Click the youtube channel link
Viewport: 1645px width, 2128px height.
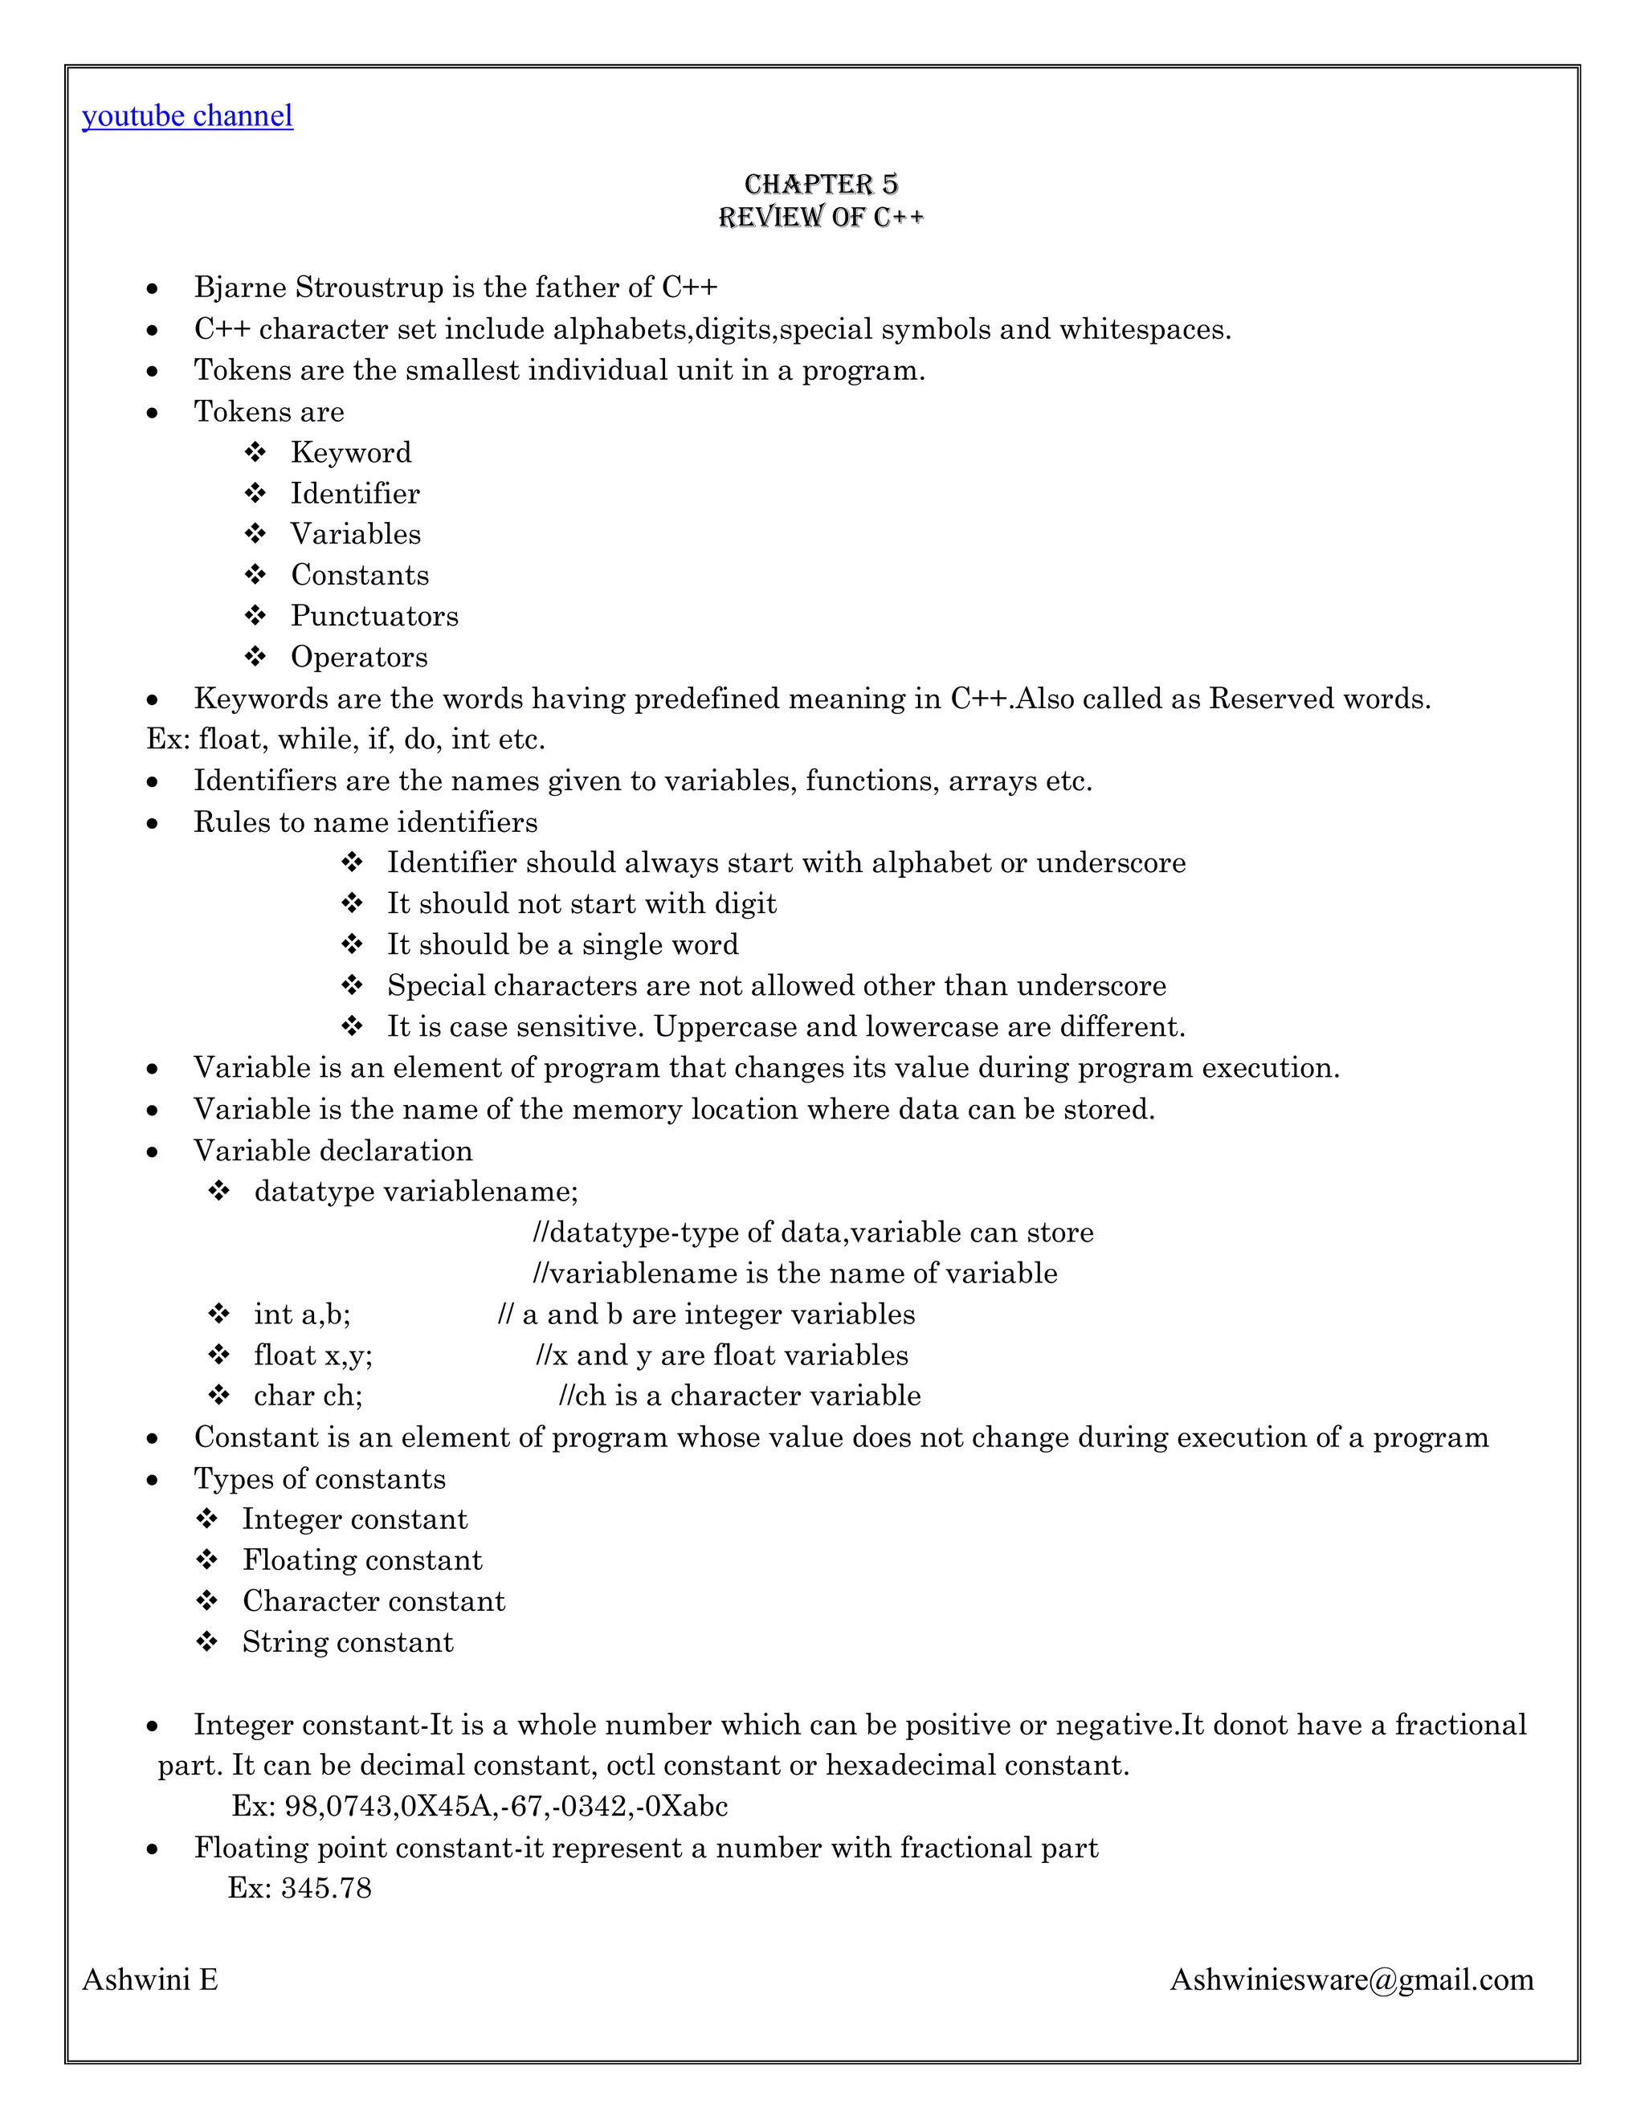tap(187, 116)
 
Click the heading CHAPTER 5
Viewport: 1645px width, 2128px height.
tap(821, 184)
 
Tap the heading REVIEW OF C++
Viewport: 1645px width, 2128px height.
tap(821, 216)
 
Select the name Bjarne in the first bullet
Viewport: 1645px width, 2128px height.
tap(239, 287)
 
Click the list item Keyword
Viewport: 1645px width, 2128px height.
tap(351, 452)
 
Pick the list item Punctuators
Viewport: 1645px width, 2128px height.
tap(374, 616)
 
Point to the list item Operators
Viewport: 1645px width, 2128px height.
tap(358, 657)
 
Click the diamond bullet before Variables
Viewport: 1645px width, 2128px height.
tap(255, 534)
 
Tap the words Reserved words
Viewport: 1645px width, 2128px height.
tap(1319, 699)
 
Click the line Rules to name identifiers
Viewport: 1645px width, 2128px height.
tap(365, 821)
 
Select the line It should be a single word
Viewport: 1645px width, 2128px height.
tap(562, 944)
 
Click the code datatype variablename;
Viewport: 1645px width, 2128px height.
tap(416, 1191)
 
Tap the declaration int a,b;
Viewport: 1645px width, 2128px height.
tap(302, 1315)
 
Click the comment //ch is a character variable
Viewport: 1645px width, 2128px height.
tap(740, 1396)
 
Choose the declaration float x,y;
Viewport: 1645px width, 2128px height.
tap(312, 1355)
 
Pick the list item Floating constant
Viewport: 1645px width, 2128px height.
tap(361, 1560)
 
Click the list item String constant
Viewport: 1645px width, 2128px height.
tap(348, 1642)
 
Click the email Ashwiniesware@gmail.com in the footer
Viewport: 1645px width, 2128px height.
tap(1351, 1980)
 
